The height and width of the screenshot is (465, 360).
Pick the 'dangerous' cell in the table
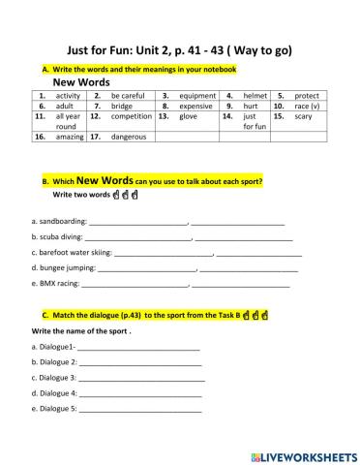coord(131,138)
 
